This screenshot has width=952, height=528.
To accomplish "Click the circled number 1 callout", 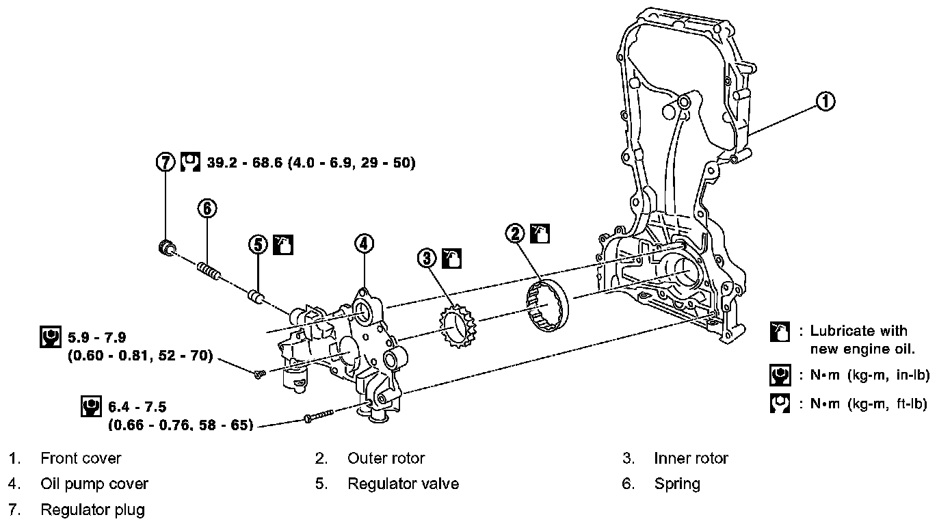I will click(x=826, y=102).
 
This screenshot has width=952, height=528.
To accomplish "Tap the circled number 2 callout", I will click(x=515, y=233).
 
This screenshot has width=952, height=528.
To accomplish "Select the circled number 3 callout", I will click(x=427, y=258).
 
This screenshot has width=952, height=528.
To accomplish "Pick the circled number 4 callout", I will click(x=364, y=242).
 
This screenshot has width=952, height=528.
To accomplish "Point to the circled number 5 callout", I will click(x=257, y=244).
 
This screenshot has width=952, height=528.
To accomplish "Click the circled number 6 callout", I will click(x=208, y=208).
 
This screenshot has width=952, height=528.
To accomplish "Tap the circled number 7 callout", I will click(x=165, y=163).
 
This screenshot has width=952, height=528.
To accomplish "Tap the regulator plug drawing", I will click(x=166, y=248).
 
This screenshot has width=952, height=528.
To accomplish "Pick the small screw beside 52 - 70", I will click(x=259, y=373).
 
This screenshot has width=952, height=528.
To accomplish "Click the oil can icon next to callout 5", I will click(x=282, y=244).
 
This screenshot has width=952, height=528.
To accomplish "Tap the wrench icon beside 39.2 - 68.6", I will click(x=189, y=163).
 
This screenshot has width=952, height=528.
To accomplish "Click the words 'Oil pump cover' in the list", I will click(x=94, y=484).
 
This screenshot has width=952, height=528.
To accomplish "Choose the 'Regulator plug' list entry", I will click(x=93, y=510).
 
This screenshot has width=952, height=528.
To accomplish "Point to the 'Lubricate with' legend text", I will click(x=858, y=331).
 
